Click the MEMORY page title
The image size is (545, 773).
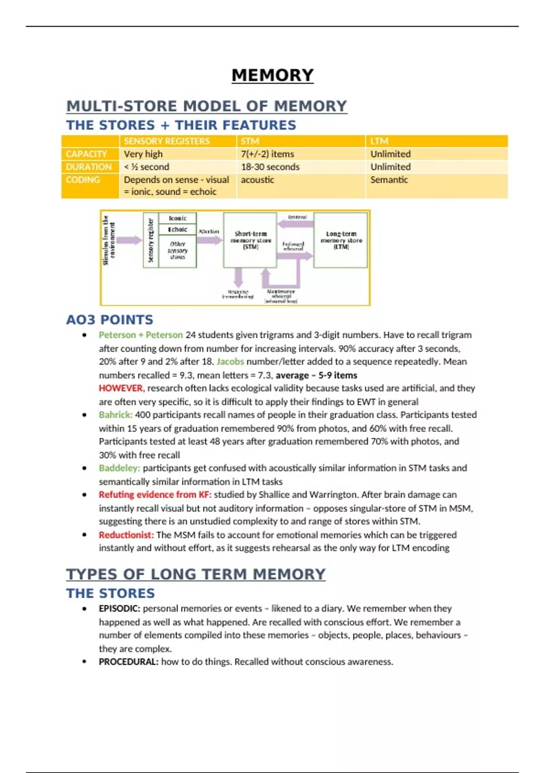tap(272, 75)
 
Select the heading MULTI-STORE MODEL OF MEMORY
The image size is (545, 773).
tap(207, 106)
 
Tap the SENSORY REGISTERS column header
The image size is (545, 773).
tap(167, 141)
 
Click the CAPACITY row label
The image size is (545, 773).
tap(86, 154)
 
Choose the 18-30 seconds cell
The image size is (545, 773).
tap(270, 167)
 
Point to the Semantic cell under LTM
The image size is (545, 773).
tap(389, 180)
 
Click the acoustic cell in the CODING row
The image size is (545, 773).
tap(257, 180)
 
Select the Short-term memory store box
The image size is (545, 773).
tap(250, 240)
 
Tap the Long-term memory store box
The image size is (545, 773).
tap(341, 240)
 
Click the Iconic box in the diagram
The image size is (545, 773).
tap(178, 218)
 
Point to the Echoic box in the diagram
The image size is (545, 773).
tap(178, 230)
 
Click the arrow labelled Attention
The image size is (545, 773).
tap(209, 240)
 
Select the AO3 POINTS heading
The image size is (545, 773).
tap(109, 320)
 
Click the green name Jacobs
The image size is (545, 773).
tap(230, 361)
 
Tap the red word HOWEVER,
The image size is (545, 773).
tap(121, 388)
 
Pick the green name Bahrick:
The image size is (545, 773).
tap(115, 415)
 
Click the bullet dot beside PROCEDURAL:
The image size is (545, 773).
tap(84, 662)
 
